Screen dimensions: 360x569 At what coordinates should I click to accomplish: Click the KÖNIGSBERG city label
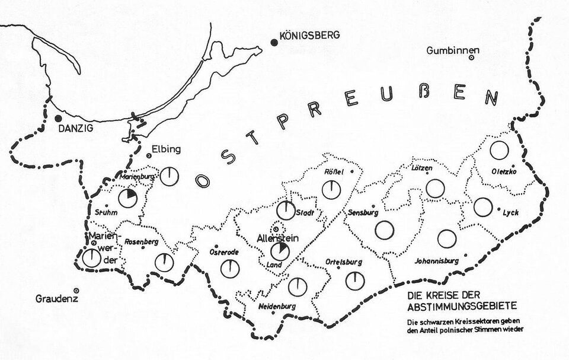click(x=311, y=35)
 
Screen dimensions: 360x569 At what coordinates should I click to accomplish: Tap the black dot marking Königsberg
click(x=274, y=42)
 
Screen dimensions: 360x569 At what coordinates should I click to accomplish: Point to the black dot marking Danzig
click(x=58, y=118)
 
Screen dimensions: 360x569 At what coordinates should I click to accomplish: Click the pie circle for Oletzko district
click(x=499, y=151)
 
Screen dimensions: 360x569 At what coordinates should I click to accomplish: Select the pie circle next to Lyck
click(x=483, y=207)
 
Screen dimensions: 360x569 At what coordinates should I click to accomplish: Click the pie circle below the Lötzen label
click(x=436, y=189)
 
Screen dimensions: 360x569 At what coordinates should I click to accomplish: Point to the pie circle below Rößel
click(x=331, y=190)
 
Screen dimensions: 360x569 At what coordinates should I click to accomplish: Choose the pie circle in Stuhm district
click(x=127, y=198)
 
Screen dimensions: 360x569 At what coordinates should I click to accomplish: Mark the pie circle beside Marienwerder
click(x=92, y=258)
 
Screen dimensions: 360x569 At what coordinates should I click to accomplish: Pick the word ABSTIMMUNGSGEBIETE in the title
click(x=462, y=306)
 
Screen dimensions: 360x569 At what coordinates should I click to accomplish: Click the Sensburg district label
click(x=363, y=212)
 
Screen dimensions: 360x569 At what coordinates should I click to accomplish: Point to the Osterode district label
click(x=224, y=252)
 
